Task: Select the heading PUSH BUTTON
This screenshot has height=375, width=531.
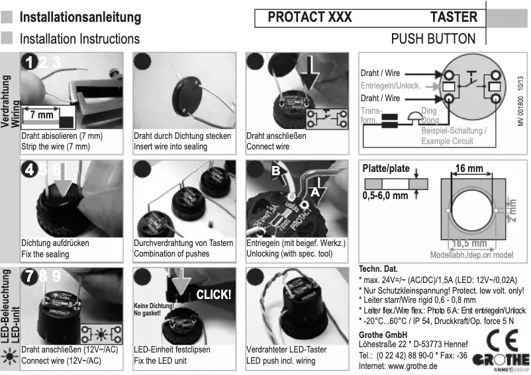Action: coord(433,38)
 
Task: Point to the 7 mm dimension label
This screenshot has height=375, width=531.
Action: coord(38,115)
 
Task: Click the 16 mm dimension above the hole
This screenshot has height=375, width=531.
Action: coord(469,170)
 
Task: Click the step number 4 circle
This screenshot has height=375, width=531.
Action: coord(28,169)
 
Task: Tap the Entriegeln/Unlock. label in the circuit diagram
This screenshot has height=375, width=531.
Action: coord(390,86)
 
